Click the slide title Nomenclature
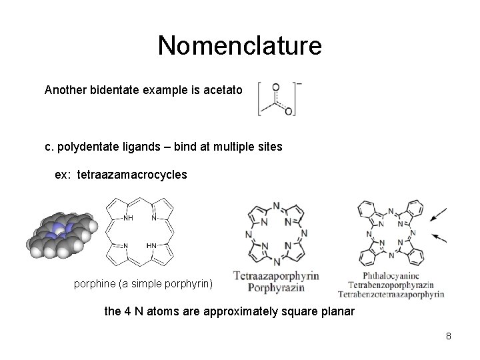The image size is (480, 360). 240,46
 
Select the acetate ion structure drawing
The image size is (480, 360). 278,99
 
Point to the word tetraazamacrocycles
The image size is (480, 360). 132,175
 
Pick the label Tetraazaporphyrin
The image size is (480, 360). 276,275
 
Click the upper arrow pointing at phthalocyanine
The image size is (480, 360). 439,215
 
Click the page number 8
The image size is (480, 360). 449,336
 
